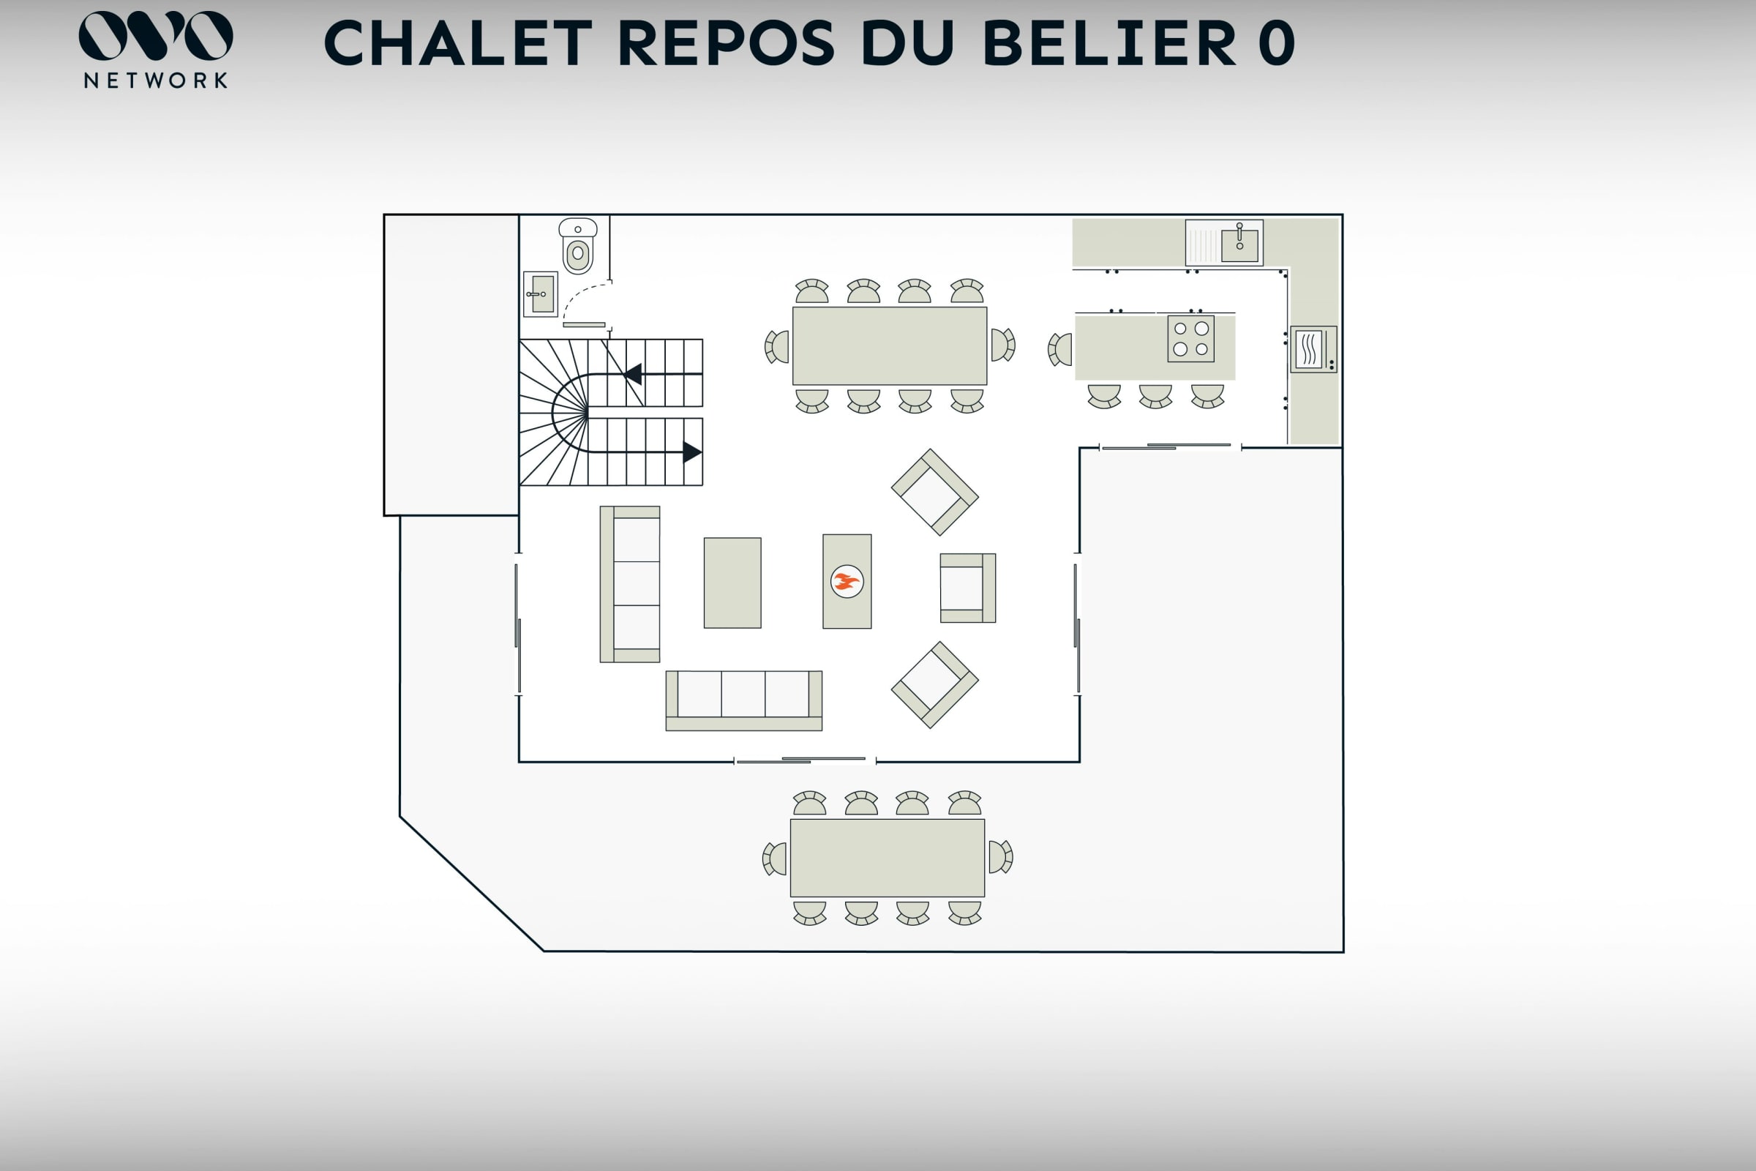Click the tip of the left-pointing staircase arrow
pos(625,373)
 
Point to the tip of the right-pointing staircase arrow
pos(702,452)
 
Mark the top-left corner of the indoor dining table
pos(793,307)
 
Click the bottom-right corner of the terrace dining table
pos(985,897)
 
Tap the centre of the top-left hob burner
pos(1180,329)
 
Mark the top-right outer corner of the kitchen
pos(1343,215)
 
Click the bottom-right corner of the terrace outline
pos(1343,952)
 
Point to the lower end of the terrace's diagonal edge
pos(544,951)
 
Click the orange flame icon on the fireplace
pos(847,581)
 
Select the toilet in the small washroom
pos(578,247)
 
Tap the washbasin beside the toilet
pos(541,294)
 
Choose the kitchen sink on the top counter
pos(1224,243)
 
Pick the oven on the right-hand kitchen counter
pos(1313,349)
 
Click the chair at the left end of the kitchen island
pos(1060,350)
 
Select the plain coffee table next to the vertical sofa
pos(732,583)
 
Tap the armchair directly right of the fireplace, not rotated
pos(968,588)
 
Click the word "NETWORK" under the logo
pos(156,81)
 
